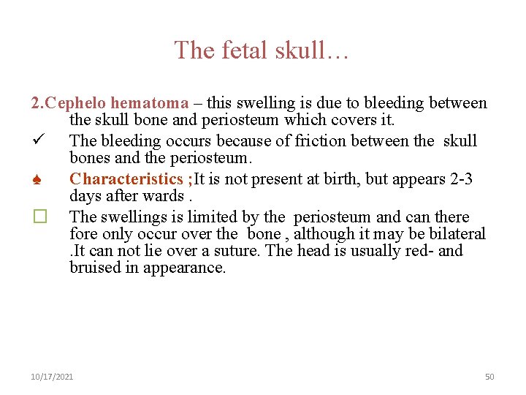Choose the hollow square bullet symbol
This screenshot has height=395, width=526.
[39, 217]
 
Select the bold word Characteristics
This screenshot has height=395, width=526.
[126, 178]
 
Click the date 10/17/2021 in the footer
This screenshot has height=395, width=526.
[52, 377]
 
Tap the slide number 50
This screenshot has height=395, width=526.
[489, 377]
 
